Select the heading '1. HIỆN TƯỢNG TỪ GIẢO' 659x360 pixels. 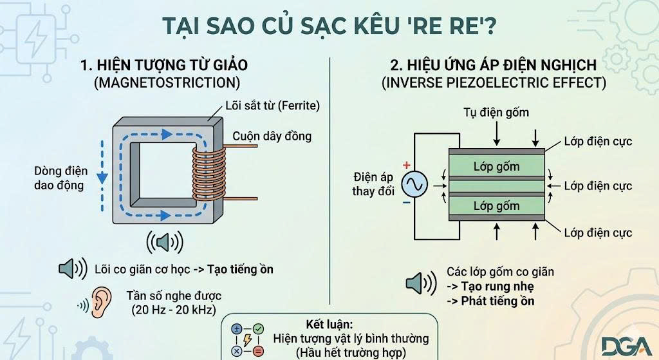pos(163,65)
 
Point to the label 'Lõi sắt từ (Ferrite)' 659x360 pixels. pos(272,105)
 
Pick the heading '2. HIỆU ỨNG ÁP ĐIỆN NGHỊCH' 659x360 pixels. pos(493,65)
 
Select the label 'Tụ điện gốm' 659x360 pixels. pos(496,113)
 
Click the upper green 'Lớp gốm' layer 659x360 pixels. pos(496,167)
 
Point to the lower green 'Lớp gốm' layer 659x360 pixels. pos(496,206)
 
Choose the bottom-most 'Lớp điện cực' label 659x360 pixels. pos(598,233)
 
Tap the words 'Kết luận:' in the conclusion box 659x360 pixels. pos(329,324)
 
